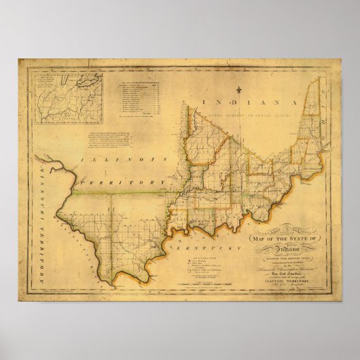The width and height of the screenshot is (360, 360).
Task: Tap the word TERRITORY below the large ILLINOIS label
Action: (x=122, y=183)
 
